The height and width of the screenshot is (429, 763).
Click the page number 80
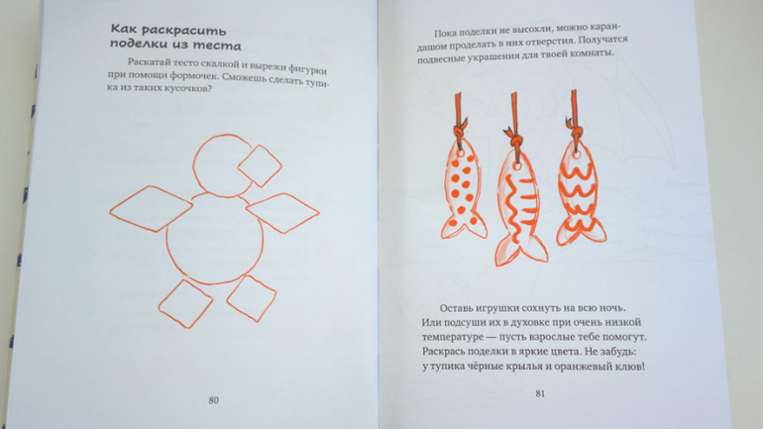point(214,400)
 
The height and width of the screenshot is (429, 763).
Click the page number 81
point(540,393)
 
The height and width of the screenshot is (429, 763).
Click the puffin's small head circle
point(194,165)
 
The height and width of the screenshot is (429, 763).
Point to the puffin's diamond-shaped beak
point(260,165)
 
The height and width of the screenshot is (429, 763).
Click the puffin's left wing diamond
point(151,209)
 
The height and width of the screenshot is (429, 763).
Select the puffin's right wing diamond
point(282,213)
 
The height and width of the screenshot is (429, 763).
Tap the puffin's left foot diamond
point(185,303)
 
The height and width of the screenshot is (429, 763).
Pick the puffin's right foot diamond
point(252,298)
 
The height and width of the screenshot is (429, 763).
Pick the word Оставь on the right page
point(456,308)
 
